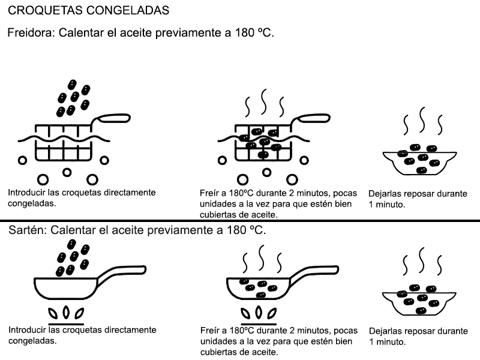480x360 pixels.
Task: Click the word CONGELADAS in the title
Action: coord(127,11)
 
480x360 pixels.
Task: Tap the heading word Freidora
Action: coord(28,33)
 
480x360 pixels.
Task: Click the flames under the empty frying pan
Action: coord(67,313)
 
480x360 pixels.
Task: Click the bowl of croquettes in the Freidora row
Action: coord(419,160)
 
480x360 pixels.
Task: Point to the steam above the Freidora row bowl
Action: coord(422,122)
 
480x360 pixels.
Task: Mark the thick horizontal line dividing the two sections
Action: coord(240,221)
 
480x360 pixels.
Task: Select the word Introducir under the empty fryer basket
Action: coord(28,193)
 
